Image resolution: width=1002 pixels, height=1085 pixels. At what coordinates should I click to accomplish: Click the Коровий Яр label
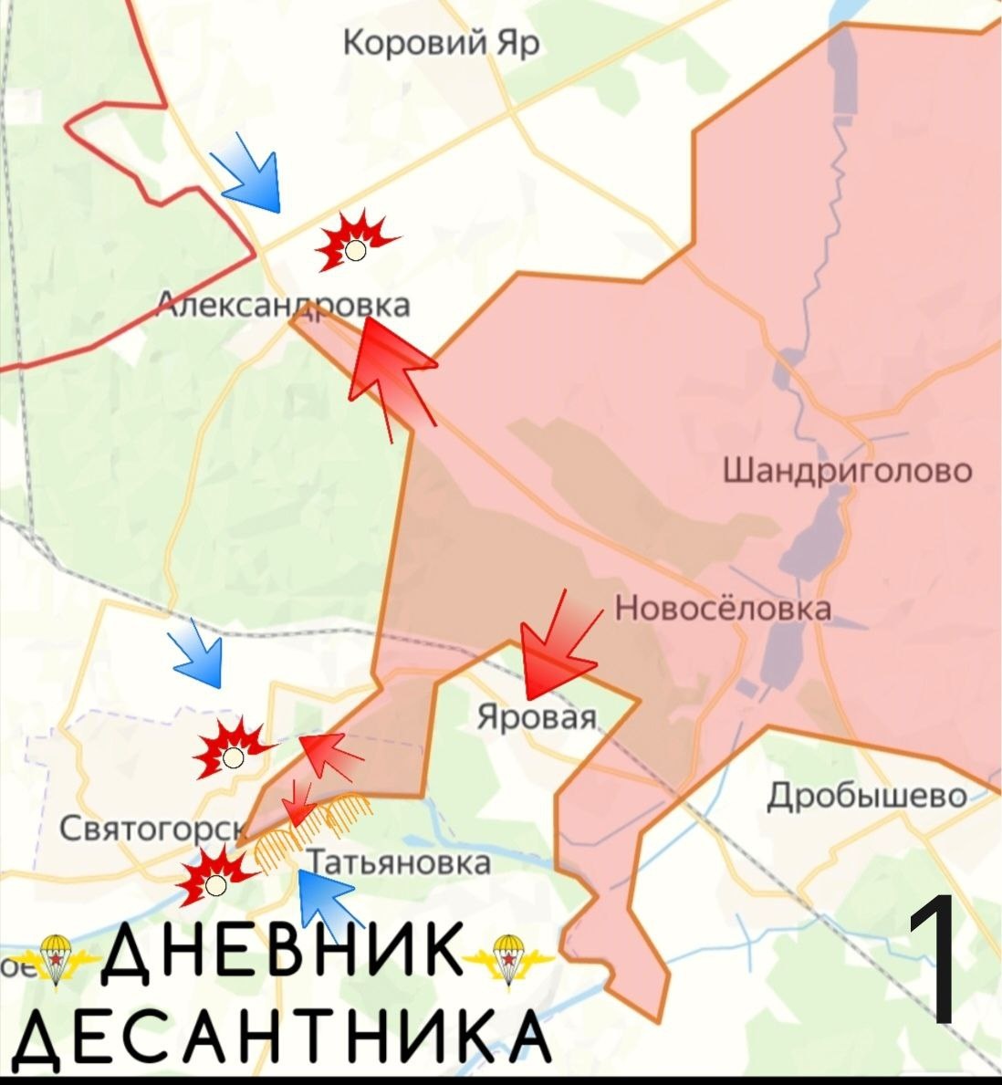[x=442, y=43]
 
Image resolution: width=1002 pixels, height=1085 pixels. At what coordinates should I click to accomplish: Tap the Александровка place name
[x=283, y=305]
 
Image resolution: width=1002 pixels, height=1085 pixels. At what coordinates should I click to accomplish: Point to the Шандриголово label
[x=848, y=471]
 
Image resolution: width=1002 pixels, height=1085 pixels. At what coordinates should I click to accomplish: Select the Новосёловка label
[x=723, y=609]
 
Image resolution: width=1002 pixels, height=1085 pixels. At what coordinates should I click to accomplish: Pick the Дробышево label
[x=866, y=796]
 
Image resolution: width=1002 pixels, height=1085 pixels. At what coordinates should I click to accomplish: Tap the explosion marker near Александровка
[x=354, y=241]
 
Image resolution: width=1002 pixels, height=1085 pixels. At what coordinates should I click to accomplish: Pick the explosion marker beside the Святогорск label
[x=215, y=877]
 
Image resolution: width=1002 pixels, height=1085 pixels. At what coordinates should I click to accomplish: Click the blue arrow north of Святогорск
[x=199, y=653]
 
